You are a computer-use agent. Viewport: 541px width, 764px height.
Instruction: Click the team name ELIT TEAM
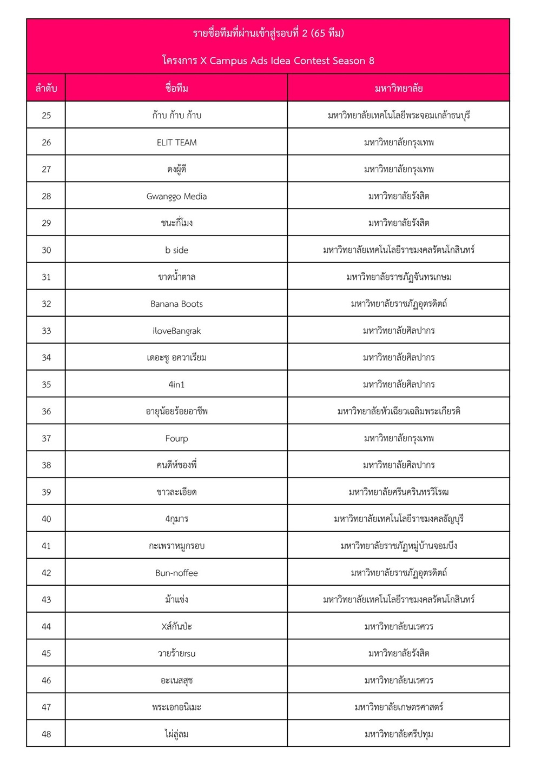[176, 143]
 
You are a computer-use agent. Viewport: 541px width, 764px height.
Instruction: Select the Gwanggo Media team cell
[176, 197]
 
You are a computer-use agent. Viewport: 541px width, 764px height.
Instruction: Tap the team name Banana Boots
[176, 304]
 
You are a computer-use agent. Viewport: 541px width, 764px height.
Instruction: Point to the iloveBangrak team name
[176, 331]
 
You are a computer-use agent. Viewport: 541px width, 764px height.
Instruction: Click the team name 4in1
[176, 385]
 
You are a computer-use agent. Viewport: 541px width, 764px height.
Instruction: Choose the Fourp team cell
[176, 439]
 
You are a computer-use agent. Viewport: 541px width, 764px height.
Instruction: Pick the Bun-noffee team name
[176, 573]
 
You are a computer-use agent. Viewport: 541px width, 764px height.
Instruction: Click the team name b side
[176, 250]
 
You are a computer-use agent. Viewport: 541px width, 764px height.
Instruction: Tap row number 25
[47, 116]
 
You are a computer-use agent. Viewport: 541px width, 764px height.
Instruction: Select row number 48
[47, 734]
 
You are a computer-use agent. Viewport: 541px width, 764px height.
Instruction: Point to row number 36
[47, 412]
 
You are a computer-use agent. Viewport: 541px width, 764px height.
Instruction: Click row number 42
[47, 573]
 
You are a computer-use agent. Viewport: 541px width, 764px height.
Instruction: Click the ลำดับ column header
[47, 88]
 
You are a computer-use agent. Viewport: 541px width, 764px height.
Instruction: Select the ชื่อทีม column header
[176, 88]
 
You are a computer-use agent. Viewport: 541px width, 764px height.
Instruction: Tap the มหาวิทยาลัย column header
[399, 88]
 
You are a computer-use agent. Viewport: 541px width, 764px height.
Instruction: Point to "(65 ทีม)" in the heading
[328, 33]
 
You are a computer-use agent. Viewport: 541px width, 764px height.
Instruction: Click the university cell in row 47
[399, 707]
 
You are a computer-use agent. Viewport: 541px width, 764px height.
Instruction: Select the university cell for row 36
[399, 412]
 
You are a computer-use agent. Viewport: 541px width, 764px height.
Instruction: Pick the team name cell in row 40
[176, 519]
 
